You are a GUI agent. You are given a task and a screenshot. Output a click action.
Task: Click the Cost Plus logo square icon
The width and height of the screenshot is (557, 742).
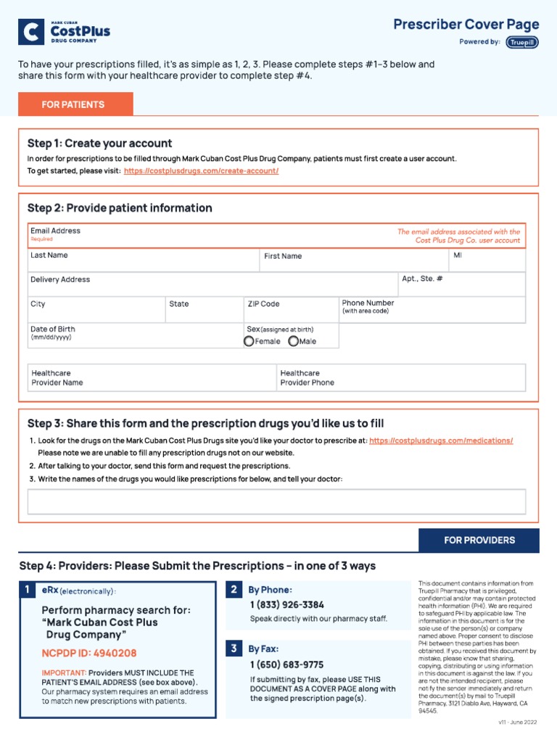click(x=31, y=32)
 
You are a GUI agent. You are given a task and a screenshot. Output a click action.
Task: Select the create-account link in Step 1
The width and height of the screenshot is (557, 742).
click(x=201, y=171)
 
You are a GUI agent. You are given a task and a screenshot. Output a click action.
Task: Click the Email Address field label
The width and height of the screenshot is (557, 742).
click(x=55, y=231)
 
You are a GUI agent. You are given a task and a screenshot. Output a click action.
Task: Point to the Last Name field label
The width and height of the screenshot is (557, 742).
click(x=49, y=255)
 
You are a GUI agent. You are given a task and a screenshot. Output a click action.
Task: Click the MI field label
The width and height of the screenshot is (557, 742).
click(x=458, y=255)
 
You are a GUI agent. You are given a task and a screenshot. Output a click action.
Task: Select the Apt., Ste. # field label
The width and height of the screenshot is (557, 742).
click(x=422, y=279)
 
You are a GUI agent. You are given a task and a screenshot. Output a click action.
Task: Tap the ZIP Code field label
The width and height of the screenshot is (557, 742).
click(x=263, y=304)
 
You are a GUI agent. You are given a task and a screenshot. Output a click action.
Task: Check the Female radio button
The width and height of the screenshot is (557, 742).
click(x=249, y=341)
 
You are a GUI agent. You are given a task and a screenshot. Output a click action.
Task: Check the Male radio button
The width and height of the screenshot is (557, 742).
click(x=293, y=341)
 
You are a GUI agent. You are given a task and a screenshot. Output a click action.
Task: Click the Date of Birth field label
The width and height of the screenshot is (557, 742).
click(x=52, y=329)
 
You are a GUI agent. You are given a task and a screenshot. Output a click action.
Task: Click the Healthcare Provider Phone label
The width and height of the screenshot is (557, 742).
click(x=307, y=378)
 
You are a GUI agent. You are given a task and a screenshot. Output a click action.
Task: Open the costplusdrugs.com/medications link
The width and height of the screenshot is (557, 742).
click(x=441, y=441)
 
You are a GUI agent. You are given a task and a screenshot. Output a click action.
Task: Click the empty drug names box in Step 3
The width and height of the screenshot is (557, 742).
click(x=276, y=501)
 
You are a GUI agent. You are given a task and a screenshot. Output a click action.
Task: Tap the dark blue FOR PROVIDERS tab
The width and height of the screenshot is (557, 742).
click(x=479, y=541)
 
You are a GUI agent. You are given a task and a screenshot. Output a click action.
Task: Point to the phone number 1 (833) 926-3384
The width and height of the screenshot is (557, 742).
click(x=287, y=604)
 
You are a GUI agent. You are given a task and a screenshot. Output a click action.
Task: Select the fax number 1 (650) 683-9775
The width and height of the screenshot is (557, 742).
click(x=287, y=664)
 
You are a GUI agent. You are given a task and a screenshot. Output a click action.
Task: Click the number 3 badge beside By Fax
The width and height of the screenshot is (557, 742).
click(x=234, y=649)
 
